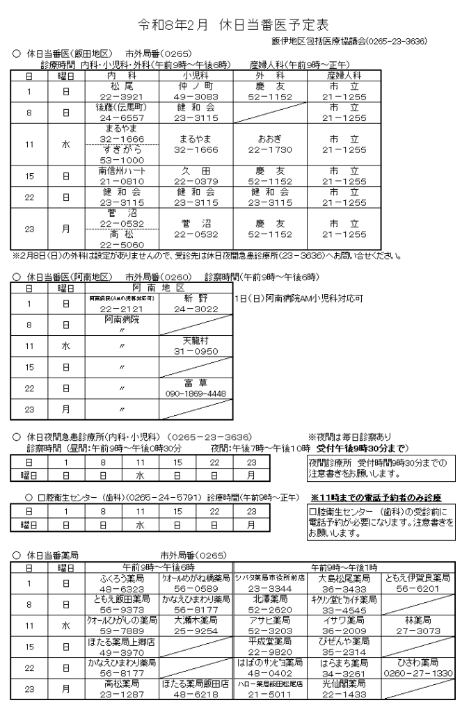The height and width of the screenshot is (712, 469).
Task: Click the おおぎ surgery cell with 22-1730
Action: pyautogui.click(x=267, y=144)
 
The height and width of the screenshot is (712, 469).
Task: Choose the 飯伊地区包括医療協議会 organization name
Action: pyautogui.click(x=363, y=43)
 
